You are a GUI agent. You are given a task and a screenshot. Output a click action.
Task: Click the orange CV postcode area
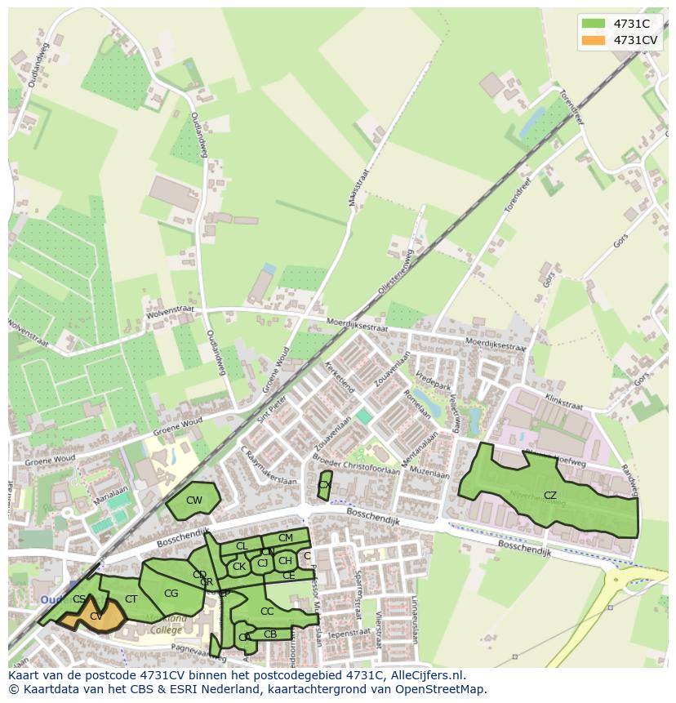click(x=96, y=616)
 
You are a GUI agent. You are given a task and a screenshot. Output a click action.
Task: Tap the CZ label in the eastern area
click(x=549, y=496)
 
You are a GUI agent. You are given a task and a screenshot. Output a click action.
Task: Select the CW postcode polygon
click(x=194, y=501)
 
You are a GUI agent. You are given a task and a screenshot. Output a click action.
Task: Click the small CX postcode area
click(x=324, y=485)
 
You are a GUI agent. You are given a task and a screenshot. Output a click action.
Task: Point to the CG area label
click(x=171, y=594)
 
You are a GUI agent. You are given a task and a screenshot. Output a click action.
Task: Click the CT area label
click(x=131, y=599)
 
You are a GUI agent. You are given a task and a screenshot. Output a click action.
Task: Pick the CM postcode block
click(x=285, y=538)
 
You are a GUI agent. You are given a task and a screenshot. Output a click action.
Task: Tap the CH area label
click(x=285, y=561)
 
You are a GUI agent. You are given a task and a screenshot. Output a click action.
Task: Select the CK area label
click(x=238, y=567)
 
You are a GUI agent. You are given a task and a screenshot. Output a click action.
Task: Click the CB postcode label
click(x=270, y=634)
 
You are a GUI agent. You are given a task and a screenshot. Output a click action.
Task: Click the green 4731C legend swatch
click(x=594, y=24)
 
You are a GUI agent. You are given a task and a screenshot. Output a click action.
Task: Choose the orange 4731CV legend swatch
click(x=594, y=40)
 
